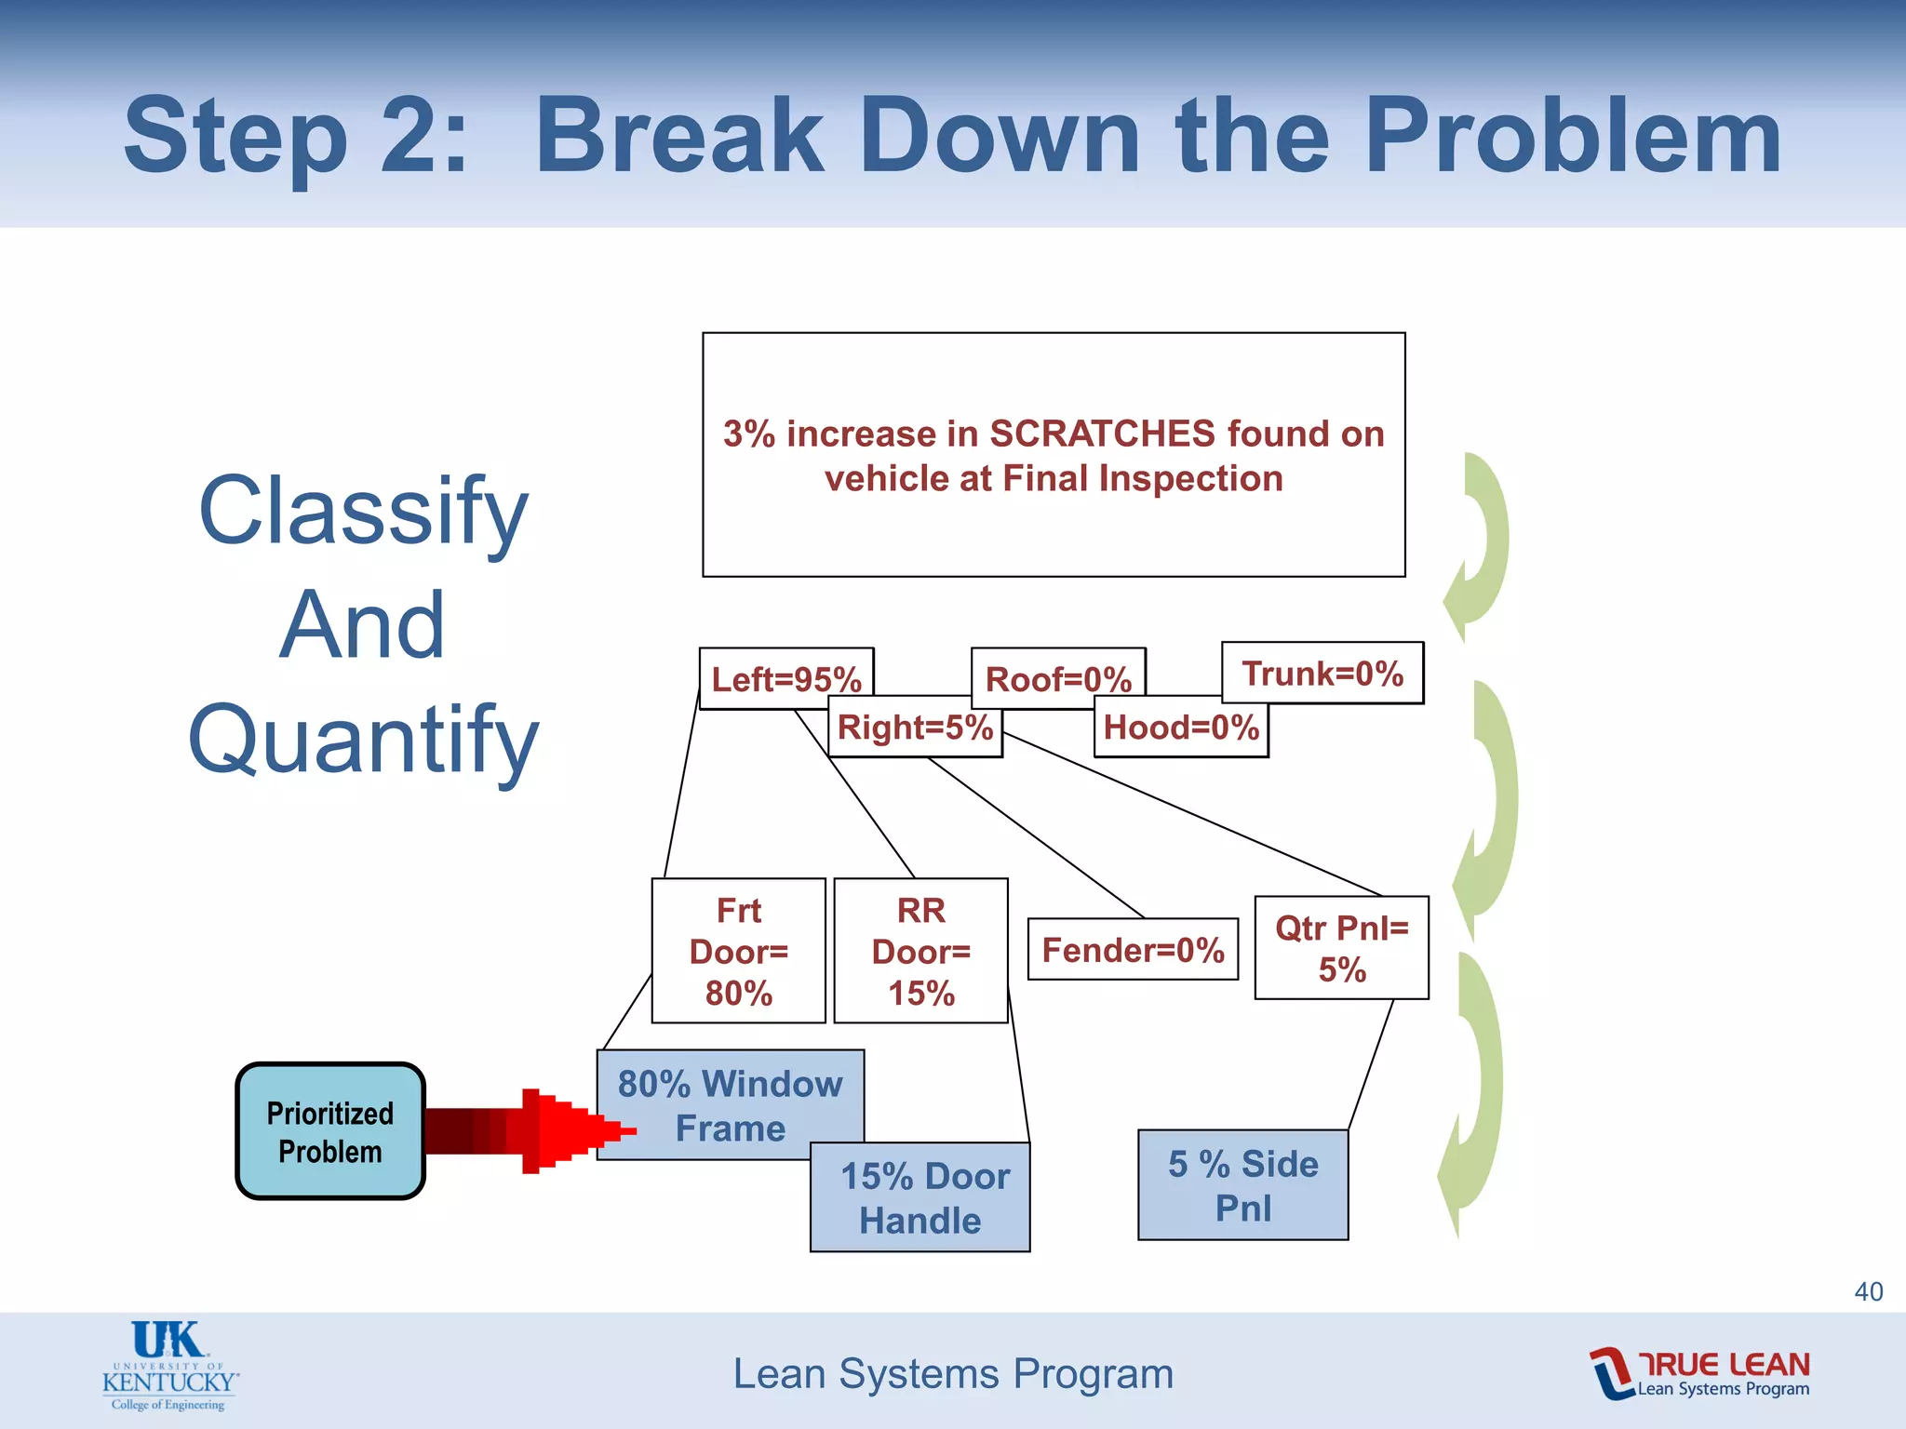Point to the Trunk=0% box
(1322, 673)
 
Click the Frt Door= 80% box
(738, 951)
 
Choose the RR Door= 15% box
(920, 951)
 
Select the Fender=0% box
(1133, 950)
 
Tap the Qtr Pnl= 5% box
(1341, 948)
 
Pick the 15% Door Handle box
(919, 1198)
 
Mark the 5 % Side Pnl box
(1242, 1185)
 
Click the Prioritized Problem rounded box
(330, 1131)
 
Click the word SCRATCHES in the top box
(1102, 434)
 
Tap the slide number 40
(1868, 1291)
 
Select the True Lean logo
(1699, 1373)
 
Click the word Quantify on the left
(363, 740)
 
